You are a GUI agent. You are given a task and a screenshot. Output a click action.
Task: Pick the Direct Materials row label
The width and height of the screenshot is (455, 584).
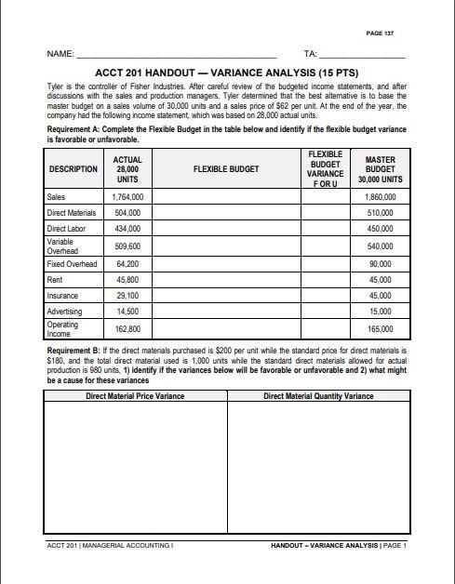71,213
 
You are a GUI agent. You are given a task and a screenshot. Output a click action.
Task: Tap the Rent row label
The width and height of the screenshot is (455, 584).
55,279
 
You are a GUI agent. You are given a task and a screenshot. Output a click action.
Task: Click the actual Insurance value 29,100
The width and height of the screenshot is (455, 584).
127,295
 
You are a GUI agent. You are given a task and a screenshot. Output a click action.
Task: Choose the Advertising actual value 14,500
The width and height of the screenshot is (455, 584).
127,311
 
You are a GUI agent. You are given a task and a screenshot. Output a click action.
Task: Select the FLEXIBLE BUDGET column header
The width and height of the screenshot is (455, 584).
225,170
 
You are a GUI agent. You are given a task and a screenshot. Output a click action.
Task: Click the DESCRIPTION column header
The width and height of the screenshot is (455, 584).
73,170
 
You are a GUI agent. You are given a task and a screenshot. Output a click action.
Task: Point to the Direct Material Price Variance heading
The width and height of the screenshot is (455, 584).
135,396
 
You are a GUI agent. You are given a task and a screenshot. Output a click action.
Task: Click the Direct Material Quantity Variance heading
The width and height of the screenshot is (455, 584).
318,396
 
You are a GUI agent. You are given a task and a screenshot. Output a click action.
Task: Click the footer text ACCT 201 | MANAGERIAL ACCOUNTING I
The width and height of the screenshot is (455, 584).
110,545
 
